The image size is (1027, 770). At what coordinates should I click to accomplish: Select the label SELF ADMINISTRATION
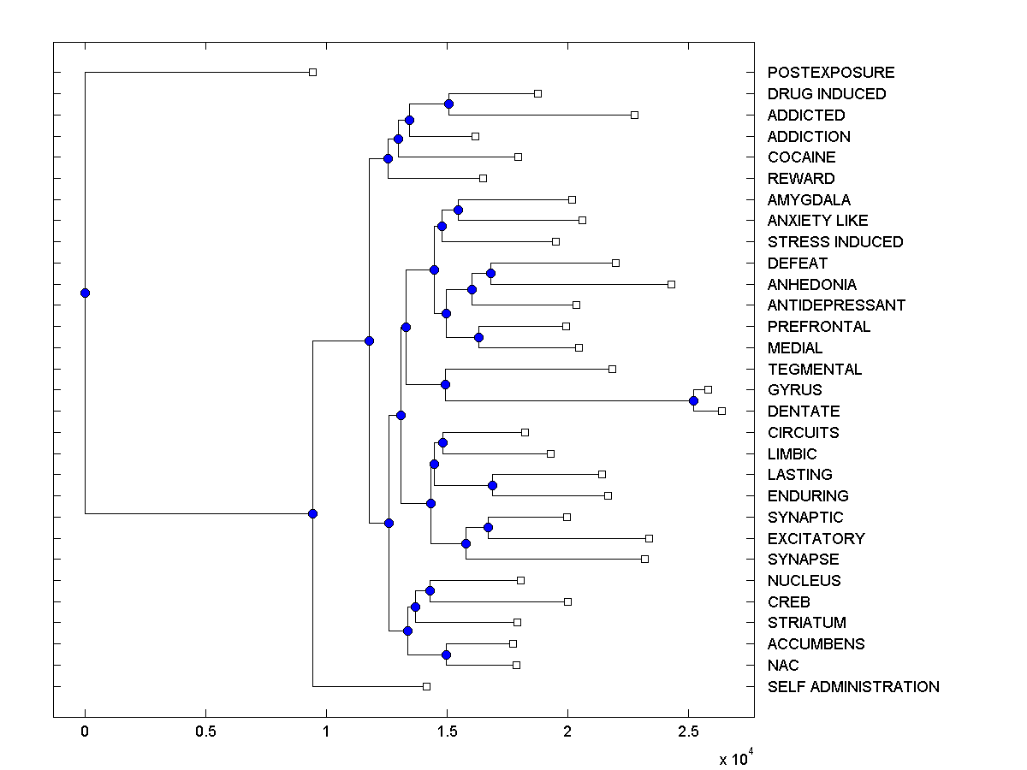coord(853,687)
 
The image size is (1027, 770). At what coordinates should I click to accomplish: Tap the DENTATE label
coord(804,412)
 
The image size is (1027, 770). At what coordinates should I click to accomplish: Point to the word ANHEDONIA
coord(812,285)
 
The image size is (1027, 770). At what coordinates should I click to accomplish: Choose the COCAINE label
coord(802,157)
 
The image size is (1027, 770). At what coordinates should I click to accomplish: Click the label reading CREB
coord(789,602)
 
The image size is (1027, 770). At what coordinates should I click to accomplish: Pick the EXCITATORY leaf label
coord(816,539)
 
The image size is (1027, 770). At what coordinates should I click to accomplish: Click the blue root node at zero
coord(85,293)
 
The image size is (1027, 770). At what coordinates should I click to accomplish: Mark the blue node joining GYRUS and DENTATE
coord(693,400)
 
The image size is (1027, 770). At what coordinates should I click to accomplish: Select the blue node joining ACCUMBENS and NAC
coord(446,654)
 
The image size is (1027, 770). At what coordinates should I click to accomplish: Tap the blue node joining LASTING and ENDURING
coord(492,485)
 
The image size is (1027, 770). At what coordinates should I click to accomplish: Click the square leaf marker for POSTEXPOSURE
coord(312,73)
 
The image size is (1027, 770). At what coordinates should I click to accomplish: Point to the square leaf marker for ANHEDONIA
coord(671,284)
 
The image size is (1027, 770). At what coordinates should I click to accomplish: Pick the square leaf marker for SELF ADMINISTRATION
coord(426,686)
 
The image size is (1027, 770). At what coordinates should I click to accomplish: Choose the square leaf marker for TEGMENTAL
coord(612,369)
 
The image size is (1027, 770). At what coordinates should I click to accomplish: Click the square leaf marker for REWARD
coord(483,178)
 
